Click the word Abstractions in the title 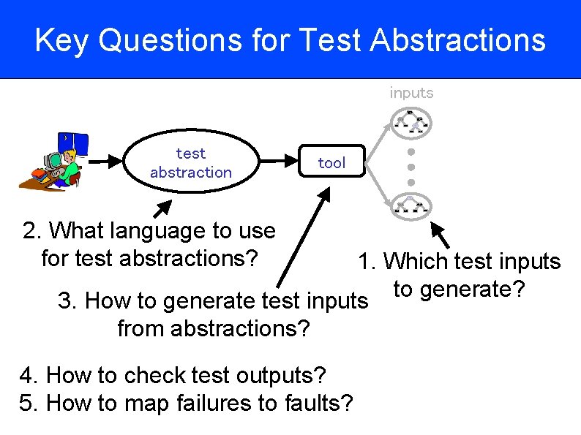[458, 40]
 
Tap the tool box [331, 162]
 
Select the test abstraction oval [191, 162]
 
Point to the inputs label [411, 93]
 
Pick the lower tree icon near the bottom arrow [411, 205]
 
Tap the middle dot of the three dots [411, 167]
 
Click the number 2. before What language [31, 231]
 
